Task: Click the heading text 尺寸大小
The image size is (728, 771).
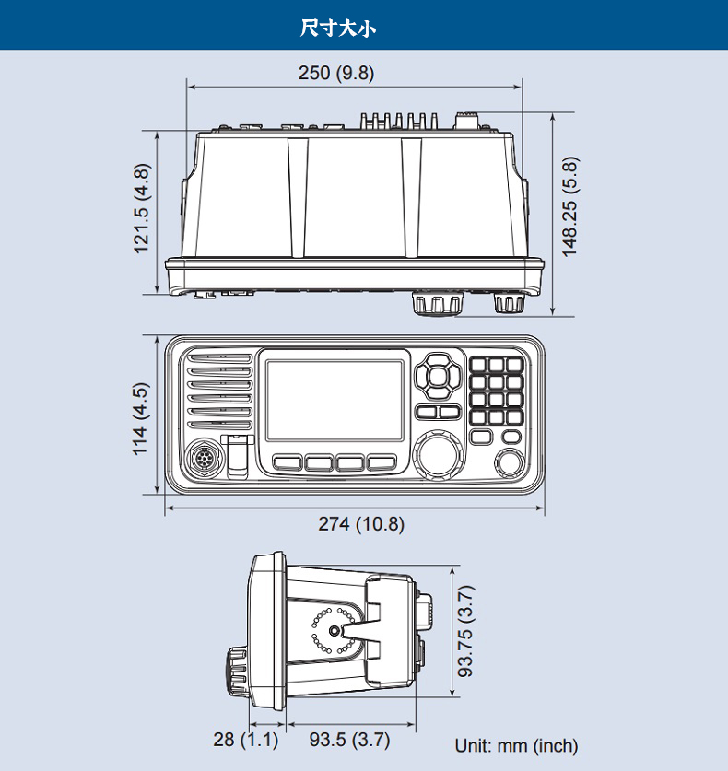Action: point(338,28)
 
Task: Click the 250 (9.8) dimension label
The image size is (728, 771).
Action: point(335,73)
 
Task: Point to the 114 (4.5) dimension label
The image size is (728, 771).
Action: point(140,418)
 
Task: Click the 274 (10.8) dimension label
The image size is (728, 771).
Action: point(361,524)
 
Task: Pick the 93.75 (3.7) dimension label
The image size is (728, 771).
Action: point(466,631)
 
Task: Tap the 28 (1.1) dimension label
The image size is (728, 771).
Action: point(245,740)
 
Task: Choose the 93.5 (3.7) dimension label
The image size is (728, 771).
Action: point(349,740)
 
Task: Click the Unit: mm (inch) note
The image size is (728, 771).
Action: point(516,745)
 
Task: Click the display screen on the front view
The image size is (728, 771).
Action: point(335,400)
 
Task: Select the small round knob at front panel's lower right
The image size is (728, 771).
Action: point(508,462)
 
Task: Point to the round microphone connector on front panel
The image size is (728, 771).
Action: point(201,459)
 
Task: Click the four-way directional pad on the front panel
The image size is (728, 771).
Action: point(436,376)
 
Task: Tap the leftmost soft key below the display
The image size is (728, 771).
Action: point(288,462)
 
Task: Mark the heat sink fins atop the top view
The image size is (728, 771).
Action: point(399,121)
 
